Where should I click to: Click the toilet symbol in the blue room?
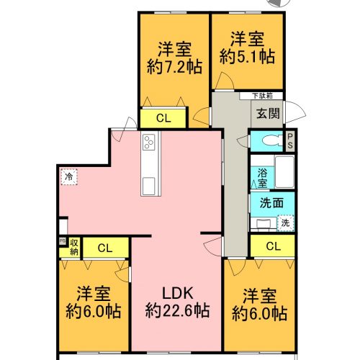(x=273, y=140)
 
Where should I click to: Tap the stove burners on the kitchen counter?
(x=148, y=142)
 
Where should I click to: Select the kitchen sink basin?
(x=148, y=186)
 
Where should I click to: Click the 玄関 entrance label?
(x=268, y=113)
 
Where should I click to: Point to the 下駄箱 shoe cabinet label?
(x=263, y=96)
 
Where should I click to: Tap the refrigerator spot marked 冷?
(x=69, y=176)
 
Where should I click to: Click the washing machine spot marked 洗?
(x=285, y=223)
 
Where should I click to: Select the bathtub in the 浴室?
(x=284, y=172)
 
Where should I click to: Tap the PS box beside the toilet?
(x=290, y=141)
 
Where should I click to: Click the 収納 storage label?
(x=74, y=248)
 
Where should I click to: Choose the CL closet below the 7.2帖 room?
(x=163, y=118)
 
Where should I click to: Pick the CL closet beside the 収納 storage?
(x=105, y=248)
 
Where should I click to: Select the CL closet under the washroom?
(x=273, y=246)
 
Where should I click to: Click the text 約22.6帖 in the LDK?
(x=177, y=311)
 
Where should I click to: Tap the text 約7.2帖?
(x=174, y=67)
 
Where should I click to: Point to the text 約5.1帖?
(x=247, y=57)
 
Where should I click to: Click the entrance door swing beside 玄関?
(x=295, y=112)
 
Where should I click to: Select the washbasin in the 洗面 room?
(x=264, y=224)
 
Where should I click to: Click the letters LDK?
(x=178, y=293)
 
